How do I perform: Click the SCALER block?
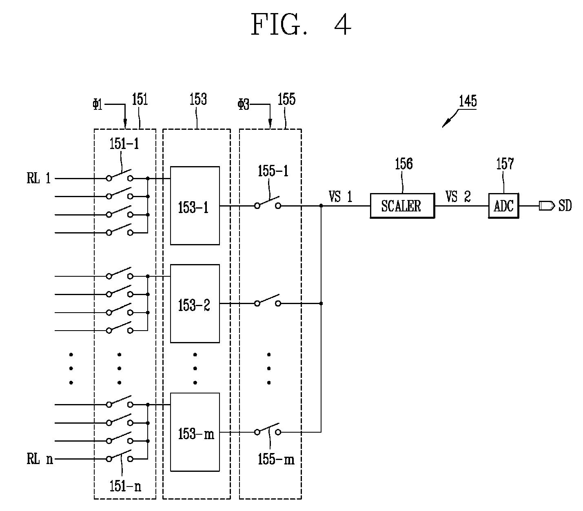(402, 206)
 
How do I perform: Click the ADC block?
(503, 206)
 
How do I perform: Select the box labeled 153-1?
(195, 206)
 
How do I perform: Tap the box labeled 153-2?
(195, 303)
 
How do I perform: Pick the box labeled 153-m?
(195, 432)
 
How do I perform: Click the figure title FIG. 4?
(301, 25)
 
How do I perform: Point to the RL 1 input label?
(39, 178)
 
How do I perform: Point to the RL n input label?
(40, 459)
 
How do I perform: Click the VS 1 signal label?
(340, 197)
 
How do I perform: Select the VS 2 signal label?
(458, 197)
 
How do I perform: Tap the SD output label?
(565, 206)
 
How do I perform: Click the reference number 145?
(468, 101)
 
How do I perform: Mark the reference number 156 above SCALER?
(403, 164)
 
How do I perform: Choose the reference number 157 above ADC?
(505, 164)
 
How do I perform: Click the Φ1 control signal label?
(98, 104)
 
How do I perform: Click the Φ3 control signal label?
(244, 104)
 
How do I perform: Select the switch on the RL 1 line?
(120, 176)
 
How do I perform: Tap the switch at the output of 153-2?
(268, 300)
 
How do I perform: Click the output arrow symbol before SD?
(546, 206)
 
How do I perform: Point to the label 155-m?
(276, 459)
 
